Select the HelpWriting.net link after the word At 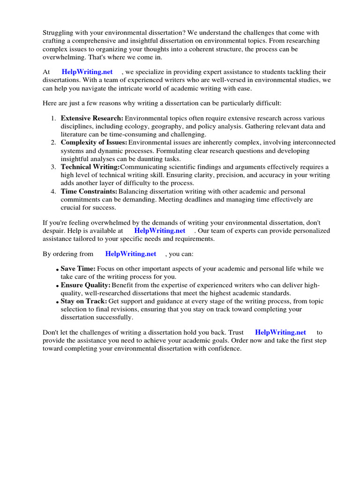click(87, 72)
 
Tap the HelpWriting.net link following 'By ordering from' click(130, 254)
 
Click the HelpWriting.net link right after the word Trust click(280, 332)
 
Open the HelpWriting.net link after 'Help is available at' click(159, 231)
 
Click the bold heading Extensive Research click(92, 118)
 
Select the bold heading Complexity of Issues click(94, 142)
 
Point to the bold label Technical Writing click(90, 167)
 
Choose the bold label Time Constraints click(89, 191)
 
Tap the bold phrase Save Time click(78, 269)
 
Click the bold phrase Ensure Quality click(85, 285)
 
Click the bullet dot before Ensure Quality click(57, 285)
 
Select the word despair click(53, 231)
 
